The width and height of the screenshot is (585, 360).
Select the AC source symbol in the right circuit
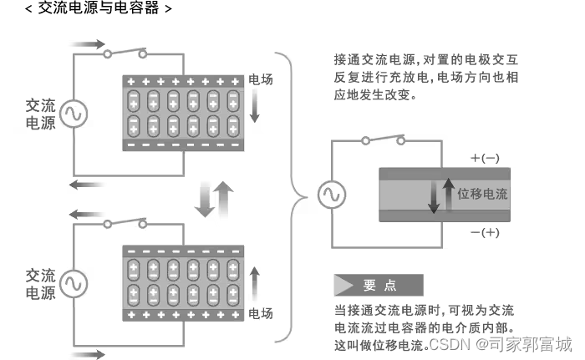328,195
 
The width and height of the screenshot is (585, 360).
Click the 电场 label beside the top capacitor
261,80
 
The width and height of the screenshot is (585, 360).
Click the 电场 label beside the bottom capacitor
261,314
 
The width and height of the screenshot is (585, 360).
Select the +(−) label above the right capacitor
485,158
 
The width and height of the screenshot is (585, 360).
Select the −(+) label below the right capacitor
485,232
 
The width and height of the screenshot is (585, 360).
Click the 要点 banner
378,285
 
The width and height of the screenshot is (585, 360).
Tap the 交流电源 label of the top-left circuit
41,115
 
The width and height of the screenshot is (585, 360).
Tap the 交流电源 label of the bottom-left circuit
41,283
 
